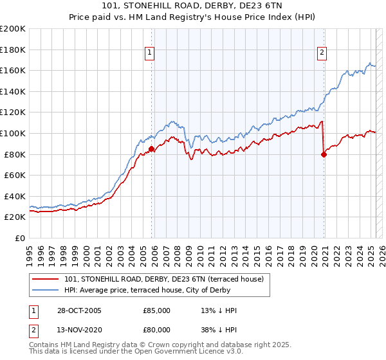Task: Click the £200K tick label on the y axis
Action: [13, 29]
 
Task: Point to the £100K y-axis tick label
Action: [13, 133]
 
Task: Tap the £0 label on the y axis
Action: [21, 238]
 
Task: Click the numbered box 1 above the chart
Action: [149, 53]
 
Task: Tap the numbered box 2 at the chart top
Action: [321, 53]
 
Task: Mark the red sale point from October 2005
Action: [152, 149]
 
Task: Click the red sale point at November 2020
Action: [324, 154]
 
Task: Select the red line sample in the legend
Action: [46, 279]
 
